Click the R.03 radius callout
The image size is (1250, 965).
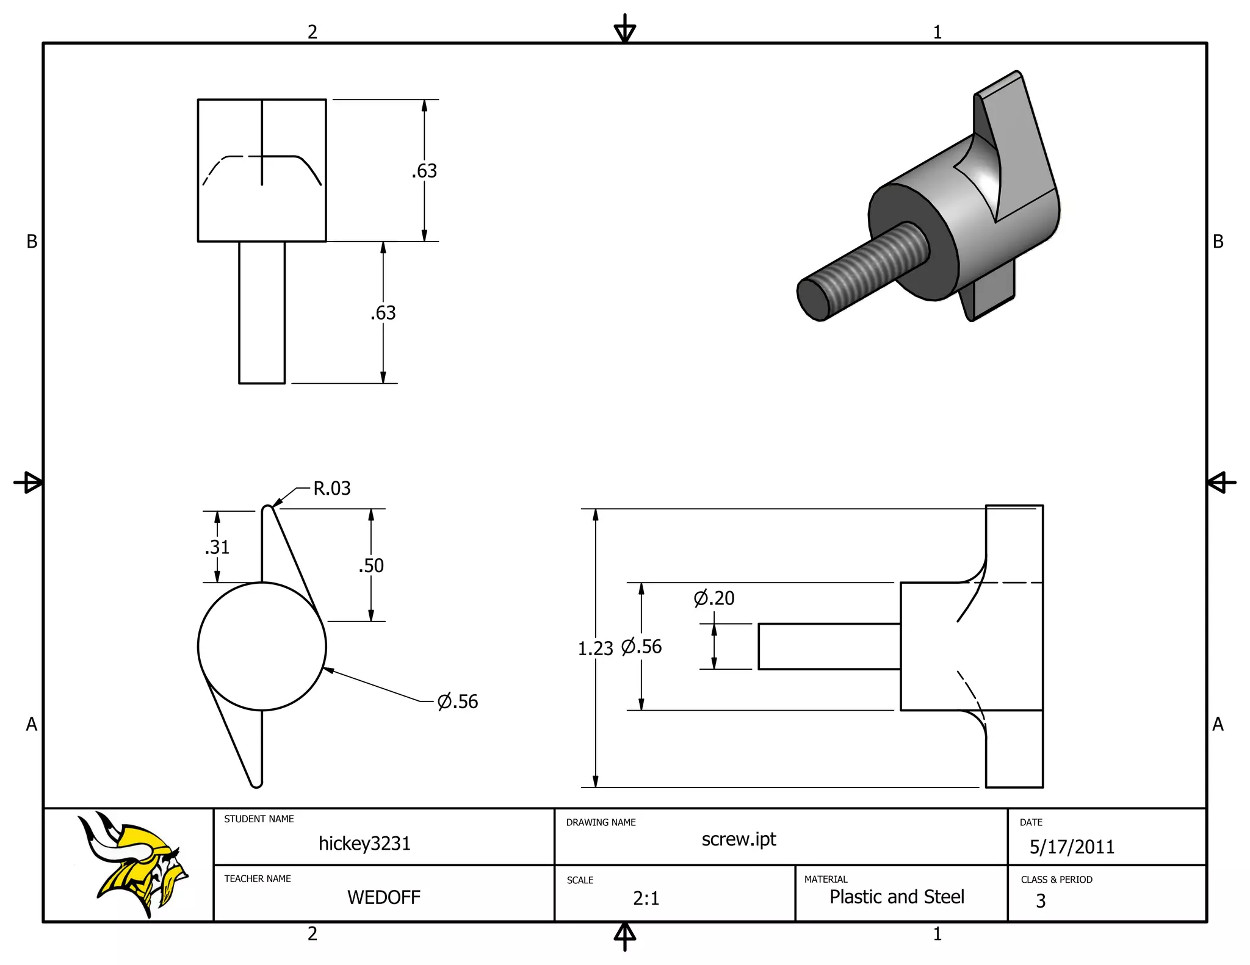click(331, 489)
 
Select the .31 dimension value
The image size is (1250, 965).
click(217, 547)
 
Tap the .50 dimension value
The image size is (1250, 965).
click(371, 565)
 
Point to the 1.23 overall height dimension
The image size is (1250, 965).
click(595, 648)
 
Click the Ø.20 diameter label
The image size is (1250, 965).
click(714, 598)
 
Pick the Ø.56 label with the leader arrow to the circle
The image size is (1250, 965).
click(458, 701)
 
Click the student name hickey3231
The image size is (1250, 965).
click(364, 844)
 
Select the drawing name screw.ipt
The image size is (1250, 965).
click(739, 839)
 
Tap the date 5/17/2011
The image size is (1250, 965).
click(1072, 847)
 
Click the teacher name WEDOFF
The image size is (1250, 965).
click(384, 897)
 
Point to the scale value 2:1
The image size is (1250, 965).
click(646, 899)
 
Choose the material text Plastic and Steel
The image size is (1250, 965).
click(897, 897)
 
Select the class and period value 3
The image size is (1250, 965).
click(1041, 901)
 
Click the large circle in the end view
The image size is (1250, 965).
click(262, 647)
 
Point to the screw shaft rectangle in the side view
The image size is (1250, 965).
click(829, 647)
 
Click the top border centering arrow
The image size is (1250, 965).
click(625, 29)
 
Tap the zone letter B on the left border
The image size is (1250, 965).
click(32, 242)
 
